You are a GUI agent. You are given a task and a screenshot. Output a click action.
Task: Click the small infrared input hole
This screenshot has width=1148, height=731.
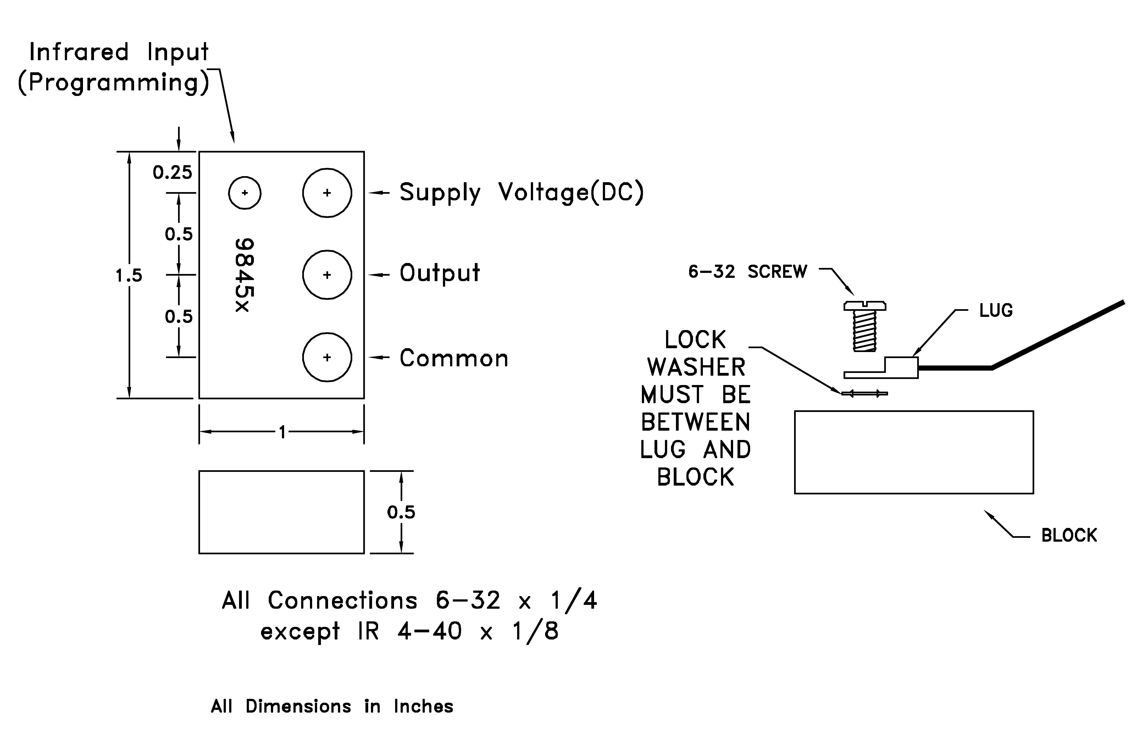tap(245, 193)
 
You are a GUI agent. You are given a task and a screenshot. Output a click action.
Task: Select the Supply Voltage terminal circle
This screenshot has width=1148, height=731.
tap(327, 193)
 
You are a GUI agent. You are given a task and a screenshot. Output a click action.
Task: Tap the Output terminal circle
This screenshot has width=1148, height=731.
tap(327, 275)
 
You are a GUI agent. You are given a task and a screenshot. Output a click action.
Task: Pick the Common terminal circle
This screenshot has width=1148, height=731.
tap(327, 357)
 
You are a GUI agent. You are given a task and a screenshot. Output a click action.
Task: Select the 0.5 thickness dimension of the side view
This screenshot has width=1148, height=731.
tap(401, 513)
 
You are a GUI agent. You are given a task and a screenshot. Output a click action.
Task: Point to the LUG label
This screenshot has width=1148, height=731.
tap(996, 311)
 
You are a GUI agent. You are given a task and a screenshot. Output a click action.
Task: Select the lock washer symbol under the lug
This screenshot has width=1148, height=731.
tap(864, 394)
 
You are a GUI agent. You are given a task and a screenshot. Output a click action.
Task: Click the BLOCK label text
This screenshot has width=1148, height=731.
tap(1069, 536)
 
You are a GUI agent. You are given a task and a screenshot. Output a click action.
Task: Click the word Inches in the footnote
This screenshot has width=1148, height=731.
tap(423, 706)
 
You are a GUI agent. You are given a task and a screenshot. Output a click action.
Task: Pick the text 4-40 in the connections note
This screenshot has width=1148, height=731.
tap(429, 631)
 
